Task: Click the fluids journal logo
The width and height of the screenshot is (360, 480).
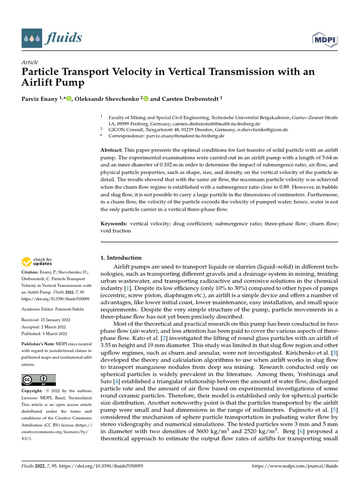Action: (52, 37)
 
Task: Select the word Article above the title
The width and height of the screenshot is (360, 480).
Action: (30, 62)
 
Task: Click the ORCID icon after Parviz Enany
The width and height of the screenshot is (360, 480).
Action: (69, 98)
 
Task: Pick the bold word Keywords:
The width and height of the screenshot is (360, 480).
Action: (114, 224)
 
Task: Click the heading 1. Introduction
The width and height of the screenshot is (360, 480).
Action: (121, 258)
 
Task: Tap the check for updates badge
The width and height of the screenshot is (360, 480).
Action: (37, 261)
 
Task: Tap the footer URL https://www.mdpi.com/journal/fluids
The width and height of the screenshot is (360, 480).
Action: (295, 466)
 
